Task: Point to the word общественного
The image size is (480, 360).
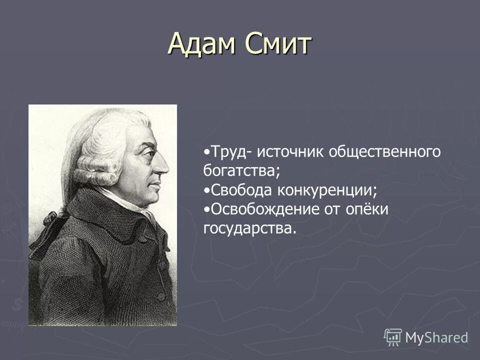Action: [x=384, y=152]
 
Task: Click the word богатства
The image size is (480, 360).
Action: [x=239, y=170]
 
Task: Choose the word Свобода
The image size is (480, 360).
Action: [x=238, y=189]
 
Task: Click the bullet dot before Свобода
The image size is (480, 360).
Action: [x=207, y=190]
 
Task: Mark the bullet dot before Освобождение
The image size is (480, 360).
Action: [x=207, y=209]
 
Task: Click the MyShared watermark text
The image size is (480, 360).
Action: [x=436, y=337]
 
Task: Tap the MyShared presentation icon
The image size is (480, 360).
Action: [x=392, y=337]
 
